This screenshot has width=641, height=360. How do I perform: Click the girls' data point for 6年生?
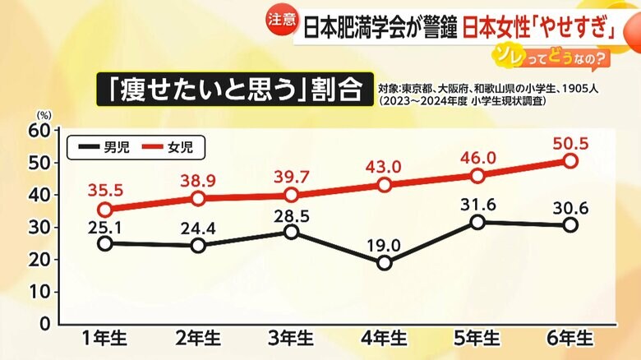click(569, 161)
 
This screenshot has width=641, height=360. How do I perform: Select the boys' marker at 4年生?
click(384, 262)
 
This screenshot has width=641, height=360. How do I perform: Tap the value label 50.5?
click(572, 143)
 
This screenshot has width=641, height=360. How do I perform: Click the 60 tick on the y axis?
click(39, 130)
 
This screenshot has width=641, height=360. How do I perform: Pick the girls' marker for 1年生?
click(105, 210)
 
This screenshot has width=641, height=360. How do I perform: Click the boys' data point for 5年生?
click(477, 222)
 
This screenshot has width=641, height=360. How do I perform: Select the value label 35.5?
click(105, 191)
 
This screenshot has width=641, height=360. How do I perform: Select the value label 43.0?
click(384, 166)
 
